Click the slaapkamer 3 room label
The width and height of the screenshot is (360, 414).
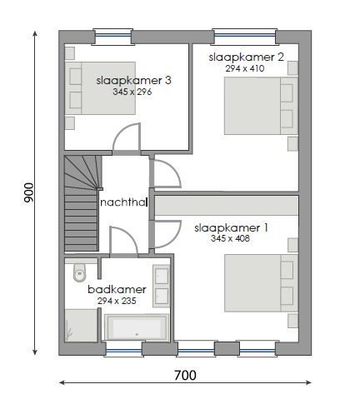point(133,81)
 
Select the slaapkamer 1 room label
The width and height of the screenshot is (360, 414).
point(231,227)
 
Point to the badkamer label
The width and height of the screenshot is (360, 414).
point(117,290)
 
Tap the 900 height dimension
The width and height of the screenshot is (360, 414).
point(28,192)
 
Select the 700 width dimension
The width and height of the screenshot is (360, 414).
point(185,376)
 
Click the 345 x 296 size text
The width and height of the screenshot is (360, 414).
point(133,92)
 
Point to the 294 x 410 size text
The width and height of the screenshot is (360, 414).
point(244,68)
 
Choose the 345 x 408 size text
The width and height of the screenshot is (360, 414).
point(231,238)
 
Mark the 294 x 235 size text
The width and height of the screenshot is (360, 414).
point(117,301)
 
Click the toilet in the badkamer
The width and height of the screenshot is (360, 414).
point(79,272)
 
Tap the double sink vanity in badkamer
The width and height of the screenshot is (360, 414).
point(161,287)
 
